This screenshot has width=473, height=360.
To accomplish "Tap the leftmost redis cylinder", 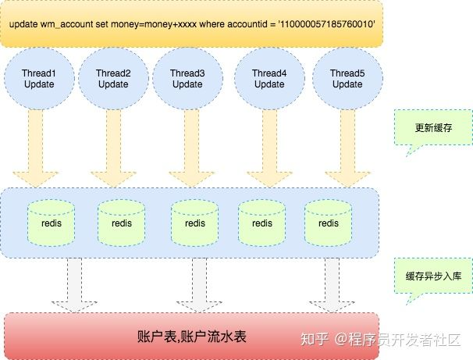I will pos(51,222).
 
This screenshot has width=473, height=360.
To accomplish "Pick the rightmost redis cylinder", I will pos(329,222).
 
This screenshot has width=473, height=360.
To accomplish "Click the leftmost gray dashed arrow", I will pos(74,285).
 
